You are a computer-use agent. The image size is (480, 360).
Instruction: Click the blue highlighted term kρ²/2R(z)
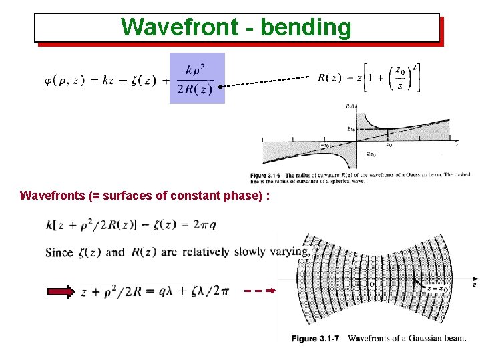pyautogui.click(x=197, y=78)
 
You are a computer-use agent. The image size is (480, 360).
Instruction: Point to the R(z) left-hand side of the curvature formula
pyautogui.click(x=331, y=77)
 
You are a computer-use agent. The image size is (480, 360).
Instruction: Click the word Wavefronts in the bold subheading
pyautogui.click(x=51, y=196)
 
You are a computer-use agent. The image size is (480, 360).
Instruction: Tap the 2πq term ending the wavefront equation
pyautogui.click(x=204, y=224)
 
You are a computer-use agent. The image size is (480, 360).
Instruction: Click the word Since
pyautogui.click(x=59, y=252)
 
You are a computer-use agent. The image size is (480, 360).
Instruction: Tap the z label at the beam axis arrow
pyautogui.click(x=474, y=285)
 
